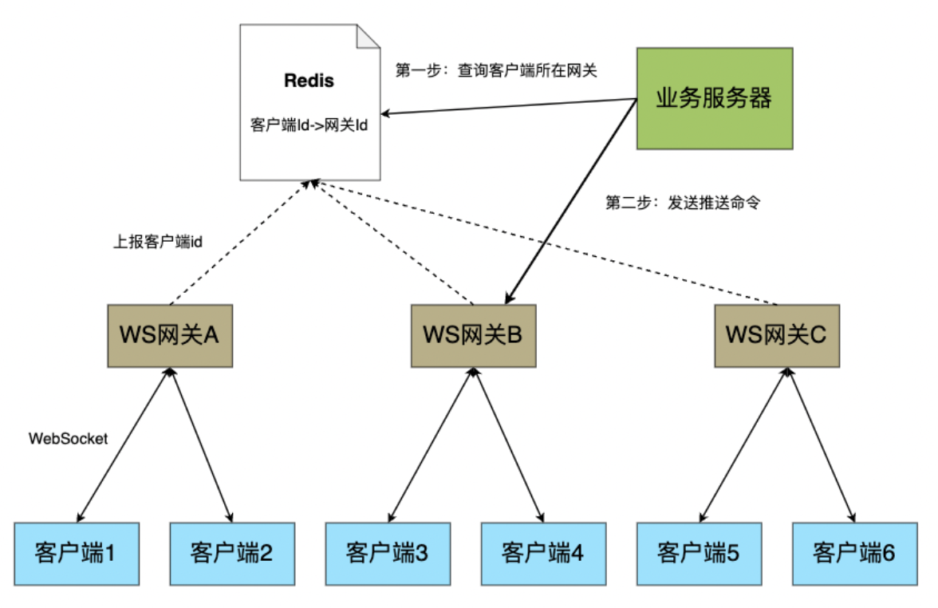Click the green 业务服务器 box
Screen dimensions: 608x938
point(714,98)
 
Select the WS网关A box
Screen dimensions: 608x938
point(169,335)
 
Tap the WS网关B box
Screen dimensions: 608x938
point(473,335)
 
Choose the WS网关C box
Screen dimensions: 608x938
point(777,335)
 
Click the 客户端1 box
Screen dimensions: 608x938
point(77,552)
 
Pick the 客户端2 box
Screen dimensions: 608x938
point(232,552)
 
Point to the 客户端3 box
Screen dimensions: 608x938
point(388,552)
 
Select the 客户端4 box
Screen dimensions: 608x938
point(543,552)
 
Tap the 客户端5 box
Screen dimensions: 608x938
point(699,552)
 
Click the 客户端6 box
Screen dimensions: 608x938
point(854,552)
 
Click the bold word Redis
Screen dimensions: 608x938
point(309,81)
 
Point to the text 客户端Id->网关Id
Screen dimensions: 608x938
point(309,126)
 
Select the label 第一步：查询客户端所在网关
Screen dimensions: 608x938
point(496,70)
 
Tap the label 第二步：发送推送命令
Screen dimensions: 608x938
point(683,203)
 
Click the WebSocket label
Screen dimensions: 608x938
point(68,438)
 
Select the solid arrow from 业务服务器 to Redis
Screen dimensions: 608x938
point(510,106)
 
